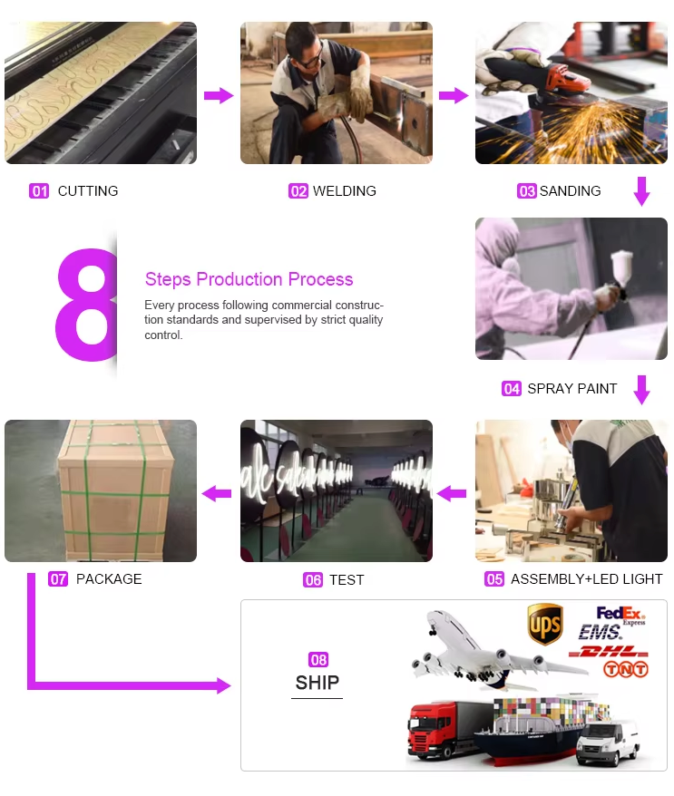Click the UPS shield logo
click(x=545, y=624)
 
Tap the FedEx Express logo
click(x=620, y=616)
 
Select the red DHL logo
click(x=608, y=652)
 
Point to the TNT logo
click(x=626, y=670)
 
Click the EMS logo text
click(x=600, y=633)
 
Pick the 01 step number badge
click(x=39, y=191)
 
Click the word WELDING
click(x=345, y=191)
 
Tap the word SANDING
click(x=570, y=191)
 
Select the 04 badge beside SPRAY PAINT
click(x=512, y=388)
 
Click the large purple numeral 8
click(x=86, y=305)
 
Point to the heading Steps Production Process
click(x=249, y=279)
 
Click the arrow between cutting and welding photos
click(x=219, y=95)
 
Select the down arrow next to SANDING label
click(x=642, y=191)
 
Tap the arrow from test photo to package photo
click(x=217, y=493)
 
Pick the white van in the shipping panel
click(x=608, y=743)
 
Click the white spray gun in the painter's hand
click(x=620, y=275)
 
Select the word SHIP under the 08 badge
click(x=317, y=683)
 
